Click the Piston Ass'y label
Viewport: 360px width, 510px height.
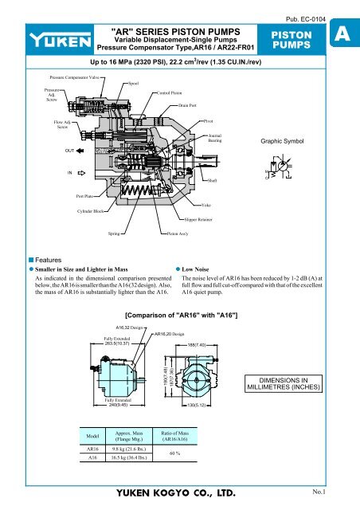tap(178, 236)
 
